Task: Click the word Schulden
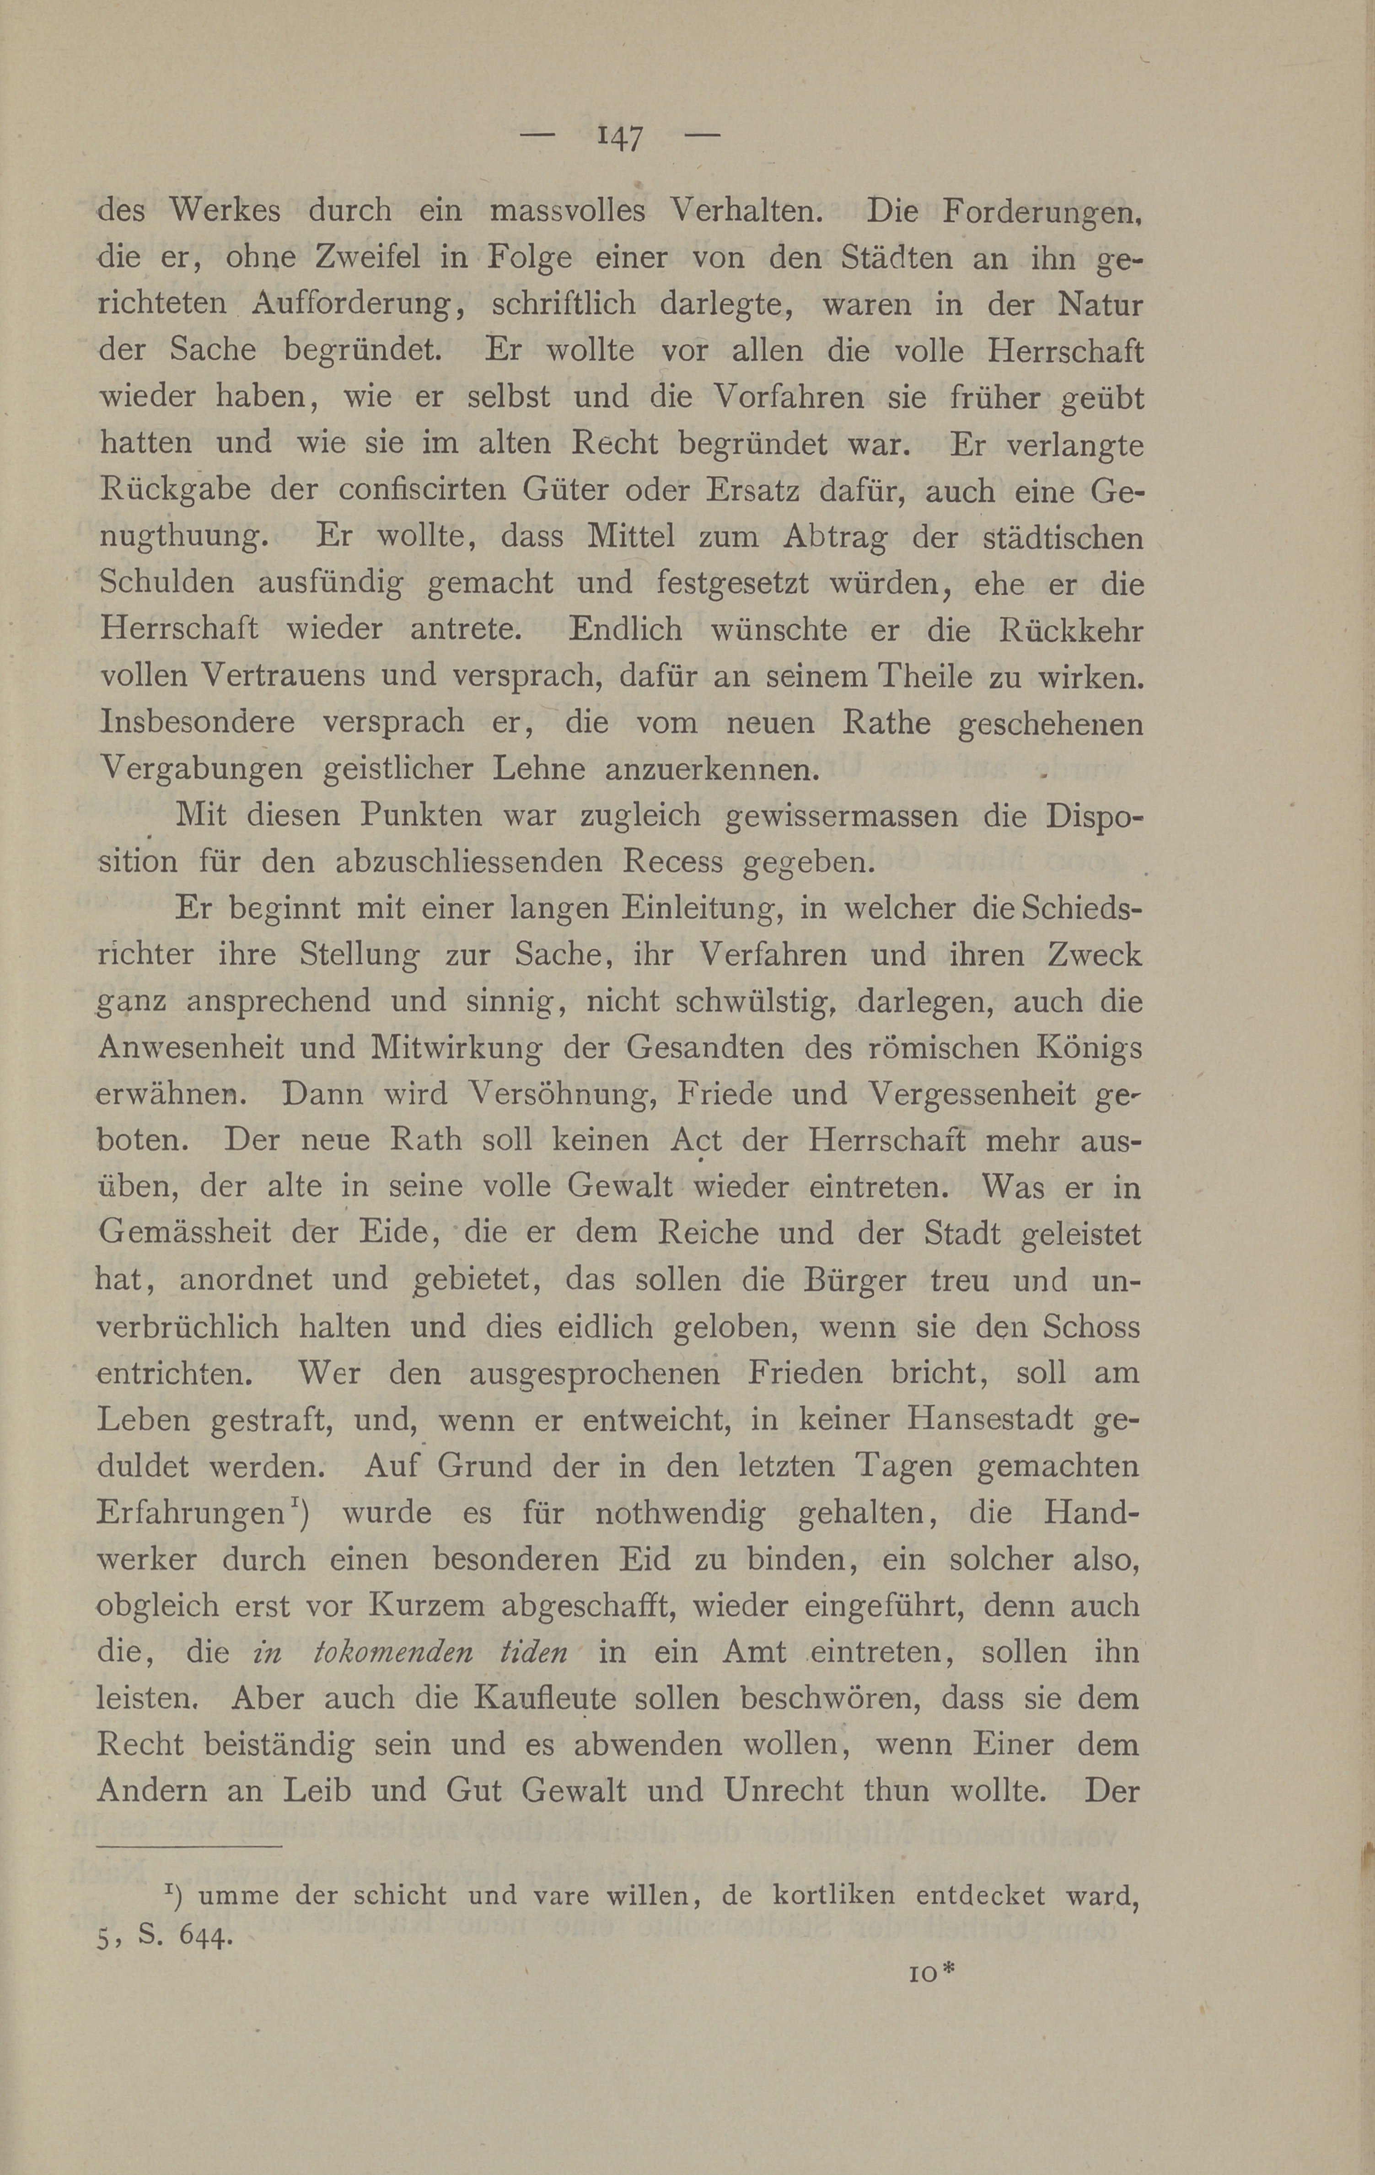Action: (x=167, y=583)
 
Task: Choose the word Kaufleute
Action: (x=540, y=1699)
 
